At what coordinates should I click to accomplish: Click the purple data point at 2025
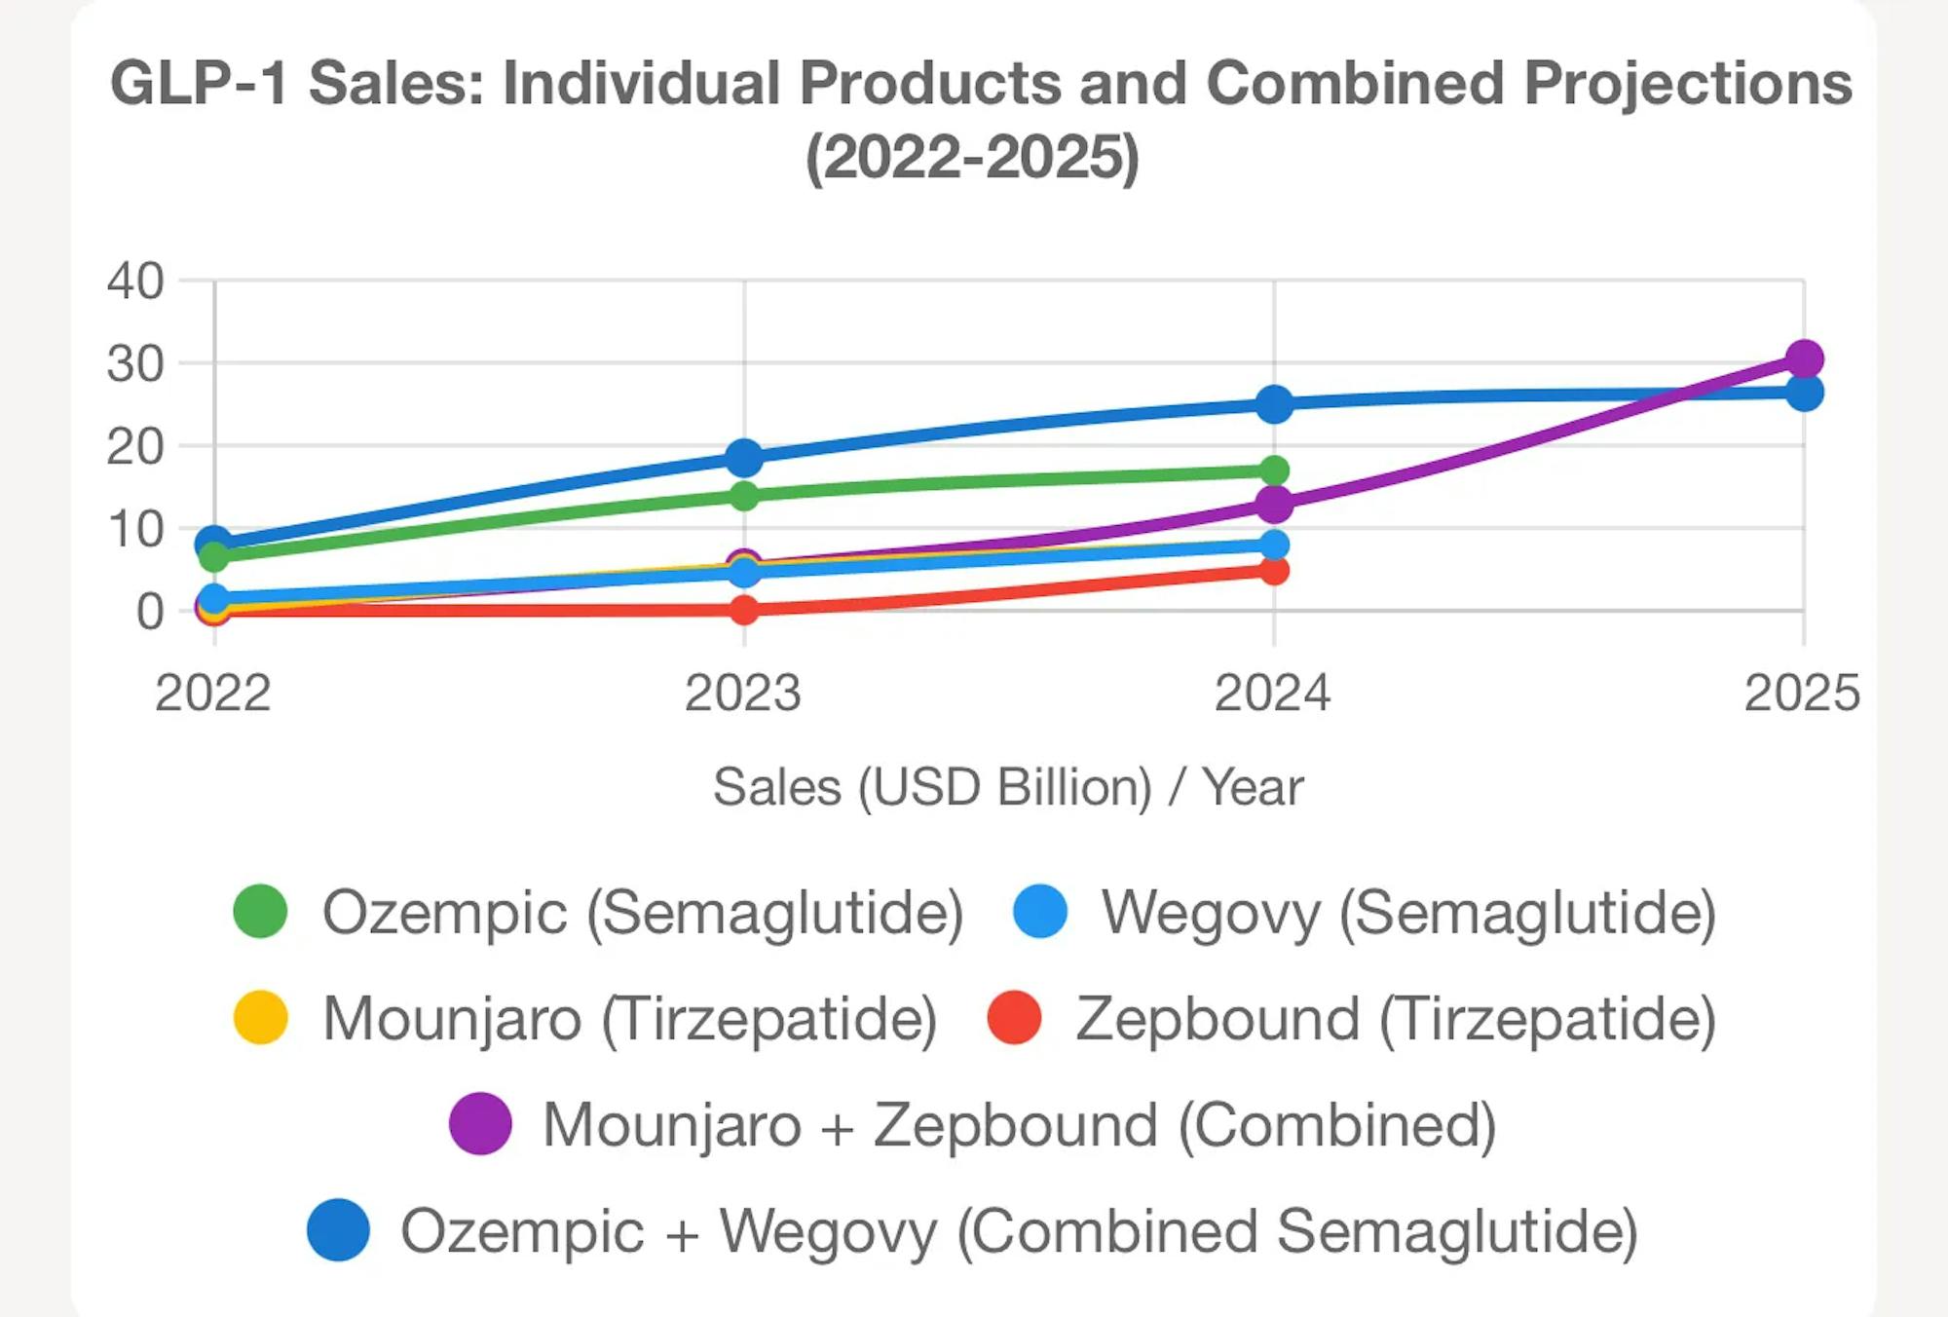tap(1804, 359)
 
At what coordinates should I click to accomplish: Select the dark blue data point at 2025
tap(1804, 394)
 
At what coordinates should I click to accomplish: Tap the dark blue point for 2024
tap(1274, 404)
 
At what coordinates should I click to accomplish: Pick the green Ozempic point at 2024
tap(1274, 471)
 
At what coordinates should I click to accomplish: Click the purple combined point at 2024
tap(1274, 505)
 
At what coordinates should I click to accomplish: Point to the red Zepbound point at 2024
tap(1274, 571)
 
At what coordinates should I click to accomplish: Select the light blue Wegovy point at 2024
tap(1274, 546)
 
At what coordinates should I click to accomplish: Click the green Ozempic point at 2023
tap(744, 496)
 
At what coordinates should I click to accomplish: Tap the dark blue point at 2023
tap(744, 457)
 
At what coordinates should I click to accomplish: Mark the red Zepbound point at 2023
tap(744, 611)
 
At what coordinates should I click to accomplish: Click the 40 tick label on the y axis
tap(135, 282)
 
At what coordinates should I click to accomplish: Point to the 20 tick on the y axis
tap(135, 447)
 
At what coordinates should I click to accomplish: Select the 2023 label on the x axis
tap(742, 694)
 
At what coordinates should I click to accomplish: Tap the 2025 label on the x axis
tap(1802, 694)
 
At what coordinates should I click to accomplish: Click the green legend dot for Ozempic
tap(260, 912)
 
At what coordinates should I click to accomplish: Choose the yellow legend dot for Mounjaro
tap(260, 1018)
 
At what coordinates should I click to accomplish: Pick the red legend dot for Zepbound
tap(1014, 1018)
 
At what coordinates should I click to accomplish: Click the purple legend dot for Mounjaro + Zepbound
tap(480, 1124)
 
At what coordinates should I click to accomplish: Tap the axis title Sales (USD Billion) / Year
tap(1008, 787)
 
